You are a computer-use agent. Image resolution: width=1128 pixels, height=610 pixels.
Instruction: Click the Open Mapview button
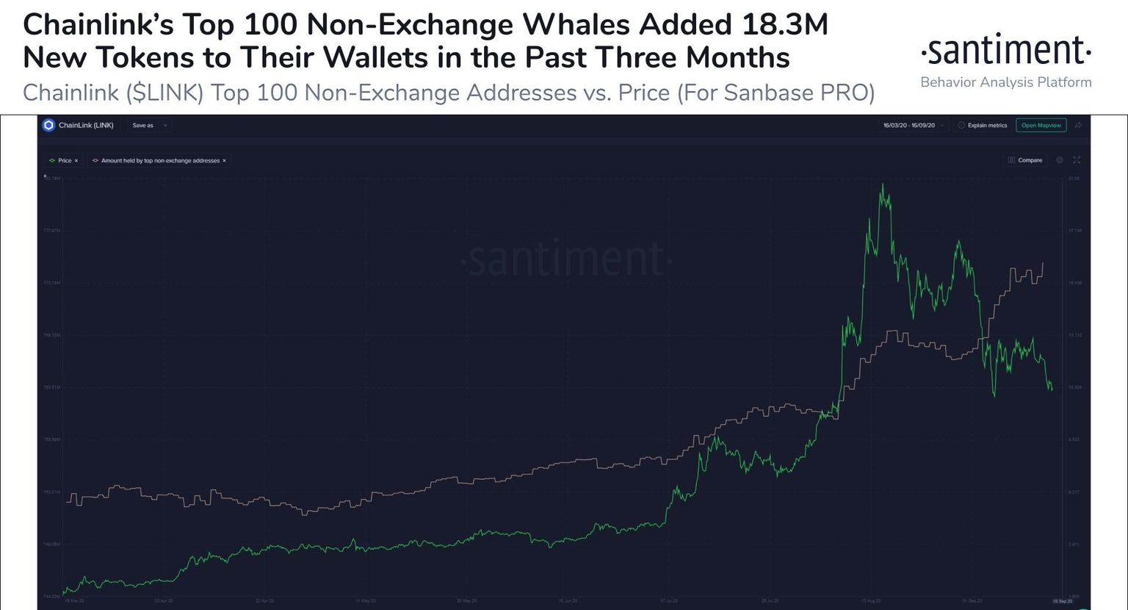click(x=1041, y=125)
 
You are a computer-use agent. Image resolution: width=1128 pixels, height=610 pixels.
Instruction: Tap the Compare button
click(x=1025, y=159)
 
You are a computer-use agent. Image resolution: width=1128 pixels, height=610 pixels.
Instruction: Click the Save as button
click(x=143, y=125)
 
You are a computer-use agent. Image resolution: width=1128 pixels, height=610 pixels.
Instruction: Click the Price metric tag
click(x=64, y=160)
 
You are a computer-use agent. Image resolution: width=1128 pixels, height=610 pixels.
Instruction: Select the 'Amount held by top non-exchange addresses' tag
click(x=159, y=160)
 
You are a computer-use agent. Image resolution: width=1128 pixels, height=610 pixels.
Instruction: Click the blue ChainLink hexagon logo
click(x=48, y=125)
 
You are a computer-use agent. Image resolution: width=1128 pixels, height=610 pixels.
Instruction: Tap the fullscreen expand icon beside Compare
click(x=1077, y=159)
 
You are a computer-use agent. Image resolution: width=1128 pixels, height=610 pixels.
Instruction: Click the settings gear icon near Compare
click(x=1060, y=159)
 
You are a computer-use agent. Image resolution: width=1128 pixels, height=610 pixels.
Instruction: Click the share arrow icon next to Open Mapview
click(x=1078, y=125)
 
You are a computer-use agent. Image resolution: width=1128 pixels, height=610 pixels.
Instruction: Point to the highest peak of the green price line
click(x=882, y=185)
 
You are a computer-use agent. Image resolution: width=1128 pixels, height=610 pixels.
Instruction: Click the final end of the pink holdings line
click(x=1043, y=263)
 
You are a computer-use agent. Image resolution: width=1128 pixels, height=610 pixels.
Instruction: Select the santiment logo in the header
click(x=1005, y=51)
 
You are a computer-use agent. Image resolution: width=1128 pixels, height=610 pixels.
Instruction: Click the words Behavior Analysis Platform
click(x=1005, y=82)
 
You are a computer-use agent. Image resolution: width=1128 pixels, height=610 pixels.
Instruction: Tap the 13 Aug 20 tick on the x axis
click(x=872, y=600)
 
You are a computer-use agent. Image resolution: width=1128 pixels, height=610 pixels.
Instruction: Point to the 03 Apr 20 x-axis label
click(x=163, y=600)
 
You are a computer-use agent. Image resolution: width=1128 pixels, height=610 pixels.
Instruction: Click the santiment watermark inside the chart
click(x=565, y=259)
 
